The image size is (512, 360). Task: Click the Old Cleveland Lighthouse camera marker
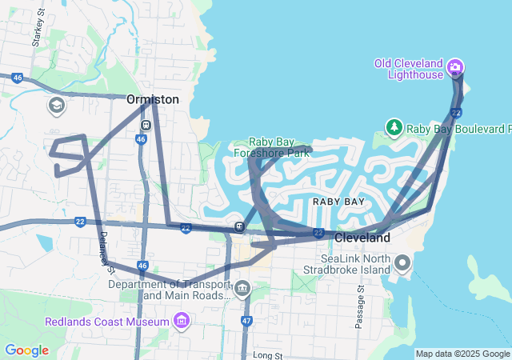click(455, 66)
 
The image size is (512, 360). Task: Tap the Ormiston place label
click(152, 99)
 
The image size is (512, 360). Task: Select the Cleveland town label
click(362, 238)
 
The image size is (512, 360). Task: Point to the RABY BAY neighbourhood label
click(338, 202)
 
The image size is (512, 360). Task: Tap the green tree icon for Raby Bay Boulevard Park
click(394, 128)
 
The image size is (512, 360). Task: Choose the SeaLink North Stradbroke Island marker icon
click(402, 262)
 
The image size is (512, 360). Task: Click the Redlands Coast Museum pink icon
click(182, 322)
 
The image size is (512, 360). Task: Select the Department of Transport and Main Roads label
click(169, 289)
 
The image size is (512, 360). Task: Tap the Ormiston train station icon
click(146, 125)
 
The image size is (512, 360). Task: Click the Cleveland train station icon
click(239, 226)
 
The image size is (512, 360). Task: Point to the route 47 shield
click(246, 320)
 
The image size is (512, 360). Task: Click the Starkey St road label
click(37, 34)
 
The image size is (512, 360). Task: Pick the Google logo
click(26, 350)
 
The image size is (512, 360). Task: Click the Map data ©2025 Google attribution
click(462, 354)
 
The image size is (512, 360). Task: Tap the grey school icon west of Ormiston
click(56, 106)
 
